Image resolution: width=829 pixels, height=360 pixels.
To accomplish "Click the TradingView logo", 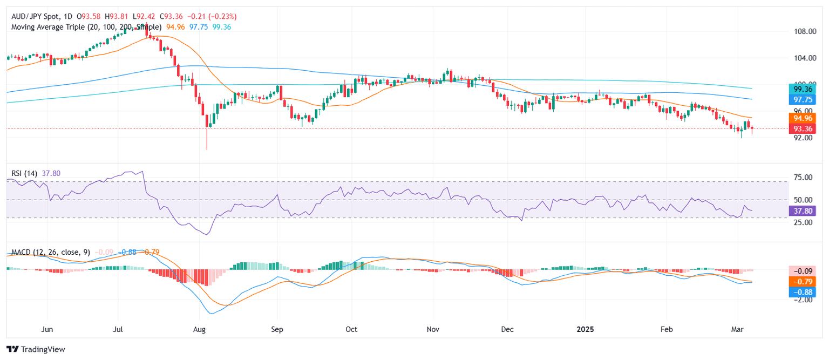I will click(36, 349).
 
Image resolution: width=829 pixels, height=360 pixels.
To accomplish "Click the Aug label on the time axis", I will click(199, 329).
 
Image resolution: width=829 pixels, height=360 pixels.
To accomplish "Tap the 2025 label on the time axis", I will click(585, 329).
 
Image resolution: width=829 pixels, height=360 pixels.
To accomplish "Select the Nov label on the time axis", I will click(433, 329).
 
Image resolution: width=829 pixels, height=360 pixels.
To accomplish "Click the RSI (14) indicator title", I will click(25, 173).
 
